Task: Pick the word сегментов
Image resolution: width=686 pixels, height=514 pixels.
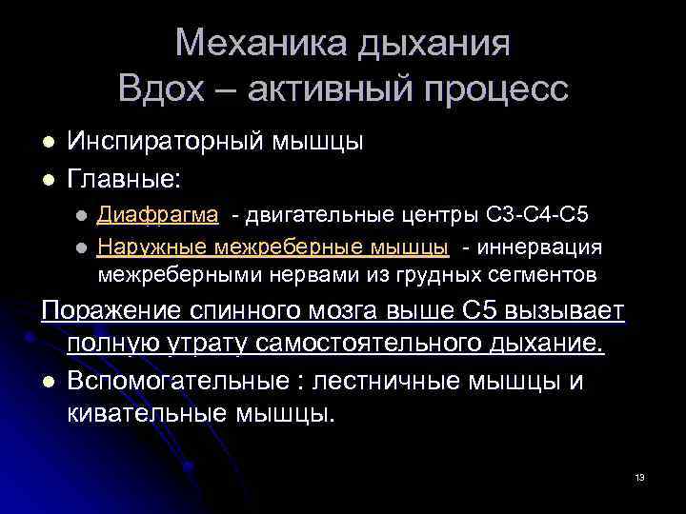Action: click(x=546, y=276)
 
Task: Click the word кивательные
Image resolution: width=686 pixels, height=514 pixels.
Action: click(x=139, y=414)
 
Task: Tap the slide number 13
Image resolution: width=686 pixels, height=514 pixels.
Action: click(x=639, y=477)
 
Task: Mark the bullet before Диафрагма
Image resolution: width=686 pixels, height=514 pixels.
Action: click(x=83, y=215)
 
